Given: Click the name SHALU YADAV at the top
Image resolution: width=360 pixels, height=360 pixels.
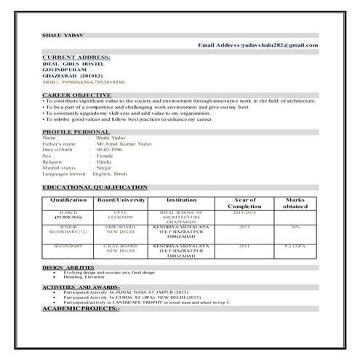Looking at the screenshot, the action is pos(57,36).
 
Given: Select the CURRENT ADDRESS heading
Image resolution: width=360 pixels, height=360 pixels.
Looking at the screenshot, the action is pos(76,57).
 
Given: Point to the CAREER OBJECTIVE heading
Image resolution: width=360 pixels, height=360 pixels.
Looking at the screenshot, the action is pos(76,95).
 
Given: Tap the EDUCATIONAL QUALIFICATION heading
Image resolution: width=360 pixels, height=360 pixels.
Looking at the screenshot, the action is pos(95,187).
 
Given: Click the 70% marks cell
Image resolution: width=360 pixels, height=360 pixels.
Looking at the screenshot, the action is pos(295,228).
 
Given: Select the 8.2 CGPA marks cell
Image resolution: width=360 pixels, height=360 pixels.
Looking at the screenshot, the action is pos(295,247).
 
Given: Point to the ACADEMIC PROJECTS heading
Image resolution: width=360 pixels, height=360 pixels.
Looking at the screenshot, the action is pos(81,308).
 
